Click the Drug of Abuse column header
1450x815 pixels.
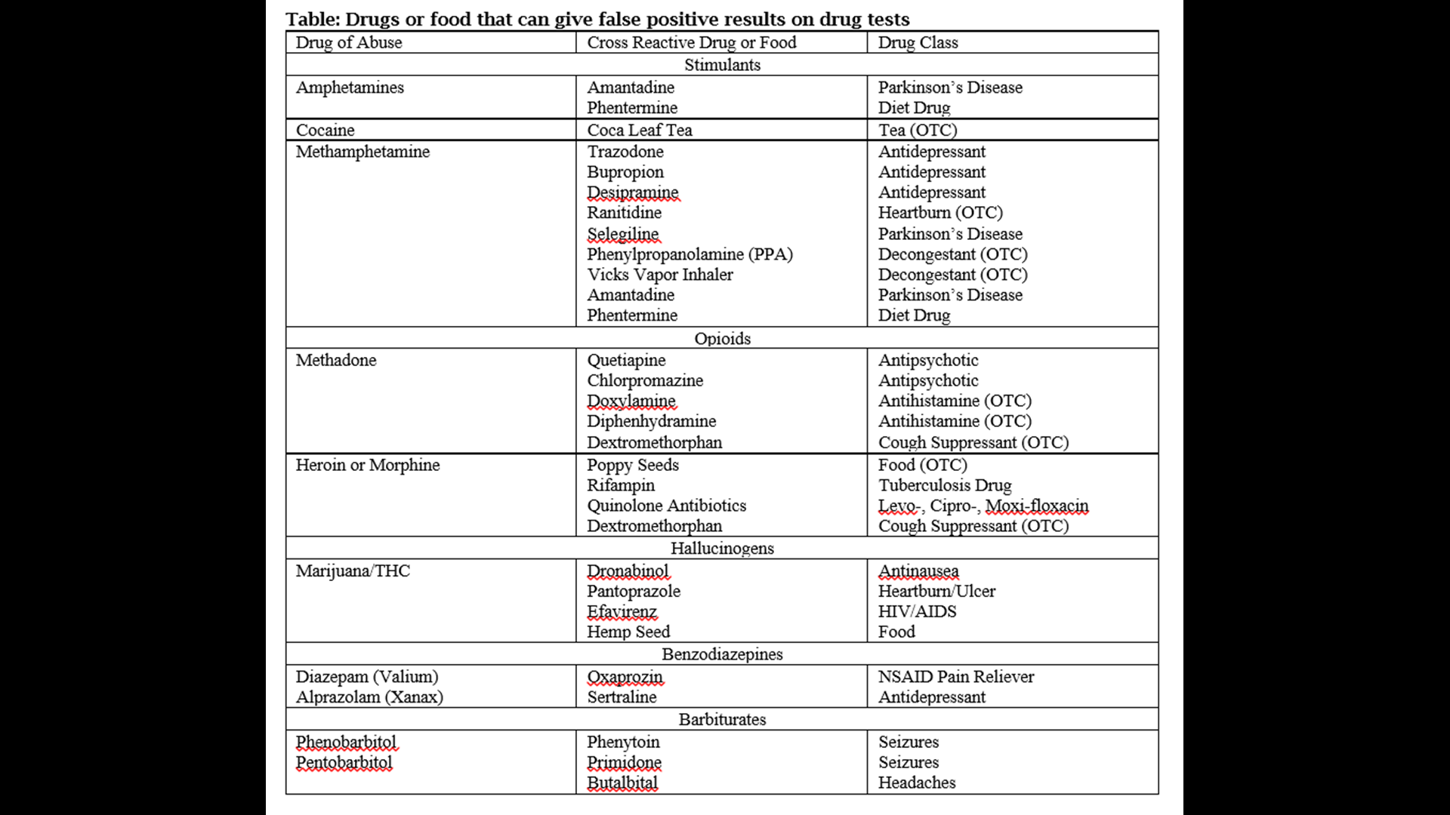point(348,42)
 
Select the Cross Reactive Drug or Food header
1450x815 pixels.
point(691,42)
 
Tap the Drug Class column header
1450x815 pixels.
point(918,42)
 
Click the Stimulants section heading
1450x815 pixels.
point(722,65)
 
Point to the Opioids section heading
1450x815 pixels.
point(722,338)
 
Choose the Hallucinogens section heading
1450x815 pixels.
point(722,549)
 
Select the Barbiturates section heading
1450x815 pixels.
point(722,719)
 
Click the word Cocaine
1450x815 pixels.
point(325,130)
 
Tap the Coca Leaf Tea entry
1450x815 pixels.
point(639,130)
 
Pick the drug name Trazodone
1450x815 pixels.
point(625,152)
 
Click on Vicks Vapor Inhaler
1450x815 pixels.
point(659,275)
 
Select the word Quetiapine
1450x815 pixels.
point(626,360)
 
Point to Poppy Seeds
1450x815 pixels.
point(633,465)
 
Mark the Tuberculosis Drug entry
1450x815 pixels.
point(944,485)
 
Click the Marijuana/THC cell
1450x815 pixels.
point(353,570)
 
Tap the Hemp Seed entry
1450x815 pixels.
point(628,632)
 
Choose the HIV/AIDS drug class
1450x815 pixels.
point(917,611)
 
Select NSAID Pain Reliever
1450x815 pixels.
point(955,677)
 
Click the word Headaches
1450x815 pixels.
point(916,783)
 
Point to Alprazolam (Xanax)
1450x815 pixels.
point(369,697)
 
